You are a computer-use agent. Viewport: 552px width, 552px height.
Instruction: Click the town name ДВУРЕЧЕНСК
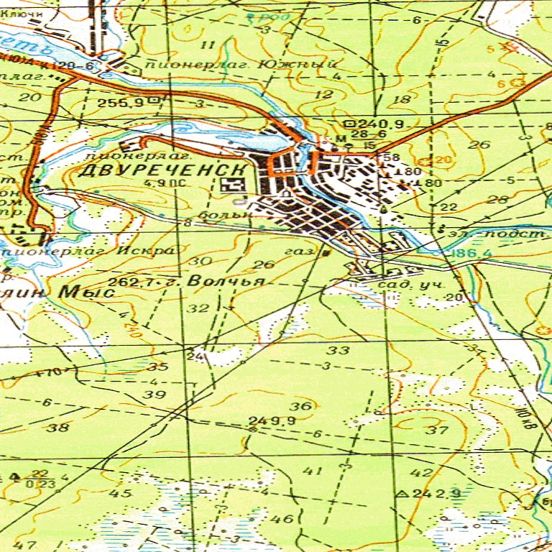click(162, 170)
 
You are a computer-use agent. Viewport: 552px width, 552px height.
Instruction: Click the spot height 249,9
click(263, 420)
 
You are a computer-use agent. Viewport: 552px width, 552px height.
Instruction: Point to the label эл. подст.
click(497, 235)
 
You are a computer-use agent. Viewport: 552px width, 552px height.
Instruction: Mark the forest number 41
click(312, 471)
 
